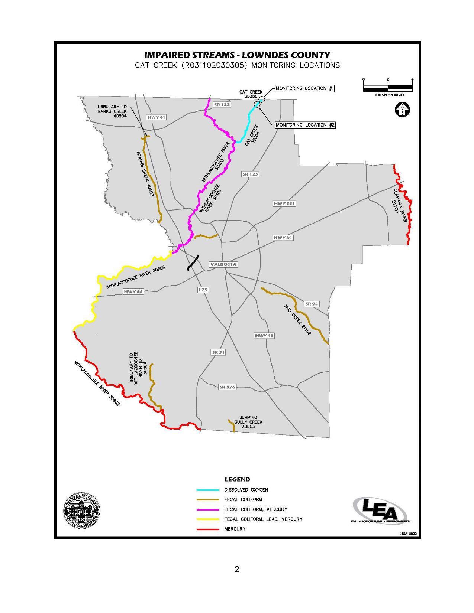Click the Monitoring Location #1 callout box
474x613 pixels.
[x=304, y=88]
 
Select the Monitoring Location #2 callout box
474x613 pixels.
[x=305, y=125]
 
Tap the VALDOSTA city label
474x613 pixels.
[x=223, y=264]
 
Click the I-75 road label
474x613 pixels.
[x=202, y=290]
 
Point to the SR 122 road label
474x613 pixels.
[x=222, y=105]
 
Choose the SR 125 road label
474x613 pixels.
[x=250, y=174]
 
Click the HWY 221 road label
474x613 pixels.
[x=284, y=203]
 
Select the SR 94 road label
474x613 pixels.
[x=312, y=304]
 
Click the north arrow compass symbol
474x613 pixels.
[x=403, y=110]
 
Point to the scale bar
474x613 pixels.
[x=388, y=88]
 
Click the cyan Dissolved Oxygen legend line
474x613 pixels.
[x=208, y=490]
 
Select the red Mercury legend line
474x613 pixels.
[x=208, y=529]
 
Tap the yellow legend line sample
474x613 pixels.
[x=208, y=519]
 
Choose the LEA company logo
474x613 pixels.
[x=380, y=512]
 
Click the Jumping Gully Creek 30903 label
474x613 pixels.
[x=248, y=422]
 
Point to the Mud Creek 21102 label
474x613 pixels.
[x=297, y=320]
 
